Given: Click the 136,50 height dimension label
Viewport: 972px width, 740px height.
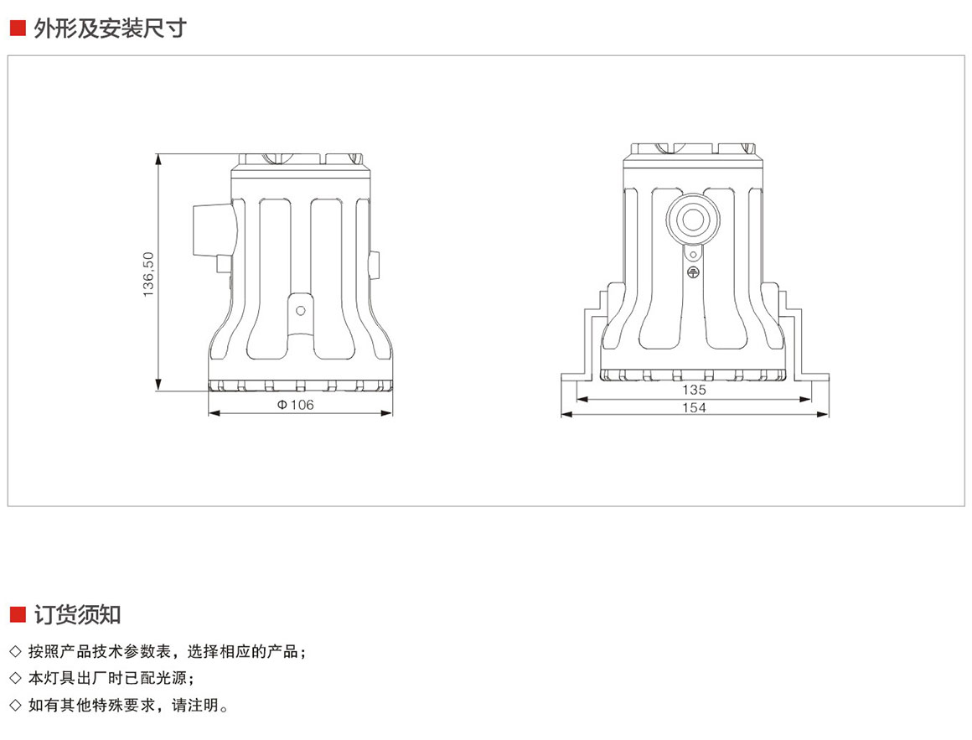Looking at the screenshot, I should pos(149,273).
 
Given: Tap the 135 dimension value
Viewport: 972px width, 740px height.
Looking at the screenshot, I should pos(694,390).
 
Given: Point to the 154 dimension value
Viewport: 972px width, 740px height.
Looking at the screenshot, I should pos(694,407).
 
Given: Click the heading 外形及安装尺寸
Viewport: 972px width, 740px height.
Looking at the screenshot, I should pos(110,28).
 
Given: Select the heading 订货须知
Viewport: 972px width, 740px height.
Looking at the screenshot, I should pos(77,614).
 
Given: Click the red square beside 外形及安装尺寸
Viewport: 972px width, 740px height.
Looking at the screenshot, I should pos(17,28).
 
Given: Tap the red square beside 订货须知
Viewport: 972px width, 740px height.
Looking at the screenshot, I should pos(17,614).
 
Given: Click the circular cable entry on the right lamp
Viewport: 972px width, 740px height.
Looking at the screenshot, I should pos(693,220).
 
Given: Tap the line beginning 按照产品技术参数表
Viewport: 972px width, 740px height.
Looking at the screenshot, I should pos(168,651).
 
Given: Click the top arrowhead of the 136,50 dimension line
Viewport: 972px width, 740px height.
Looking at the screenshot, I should pos(158,158).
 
